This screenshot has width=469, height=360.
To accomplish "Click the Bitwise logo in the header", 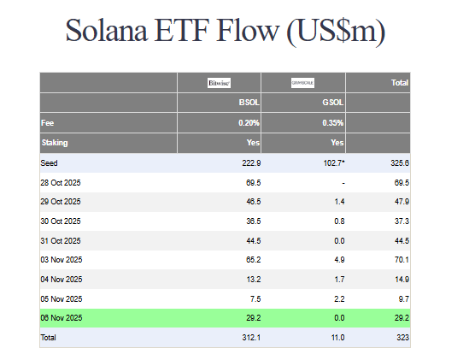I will pyautogui.click(x=220, y=83).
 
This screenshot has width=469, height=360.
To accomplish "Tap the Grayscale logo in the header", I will pyautogui.click(x=303, y=83).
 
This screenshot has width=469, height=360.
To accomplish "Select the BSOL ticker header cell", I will pyautogui.click(x=249, y=103).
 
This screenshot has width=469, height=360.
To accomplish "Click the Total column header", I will pyautogui.click(x=399, y=83).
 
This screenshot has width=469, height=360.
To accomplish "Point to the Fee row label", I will pyautogui.click(x=48, y=123).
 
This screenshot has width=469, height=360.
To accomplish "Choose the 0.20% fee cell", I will pyautogui.click(x=249, y=123).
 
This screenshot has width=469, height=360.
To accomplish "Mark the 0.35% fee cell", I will pyautogui.click(x=332, y=123).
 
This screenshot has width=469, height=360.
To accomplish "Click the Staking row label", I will pyautogui.click(x=56, y=143).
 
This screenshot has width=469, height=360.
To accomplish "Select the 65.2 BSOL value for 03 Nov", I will pyautogui.click(x=252, y=260).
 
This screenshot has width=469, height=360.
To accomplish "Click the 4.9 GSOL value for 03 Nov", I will pyautogui.click(x=338, y=260).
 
